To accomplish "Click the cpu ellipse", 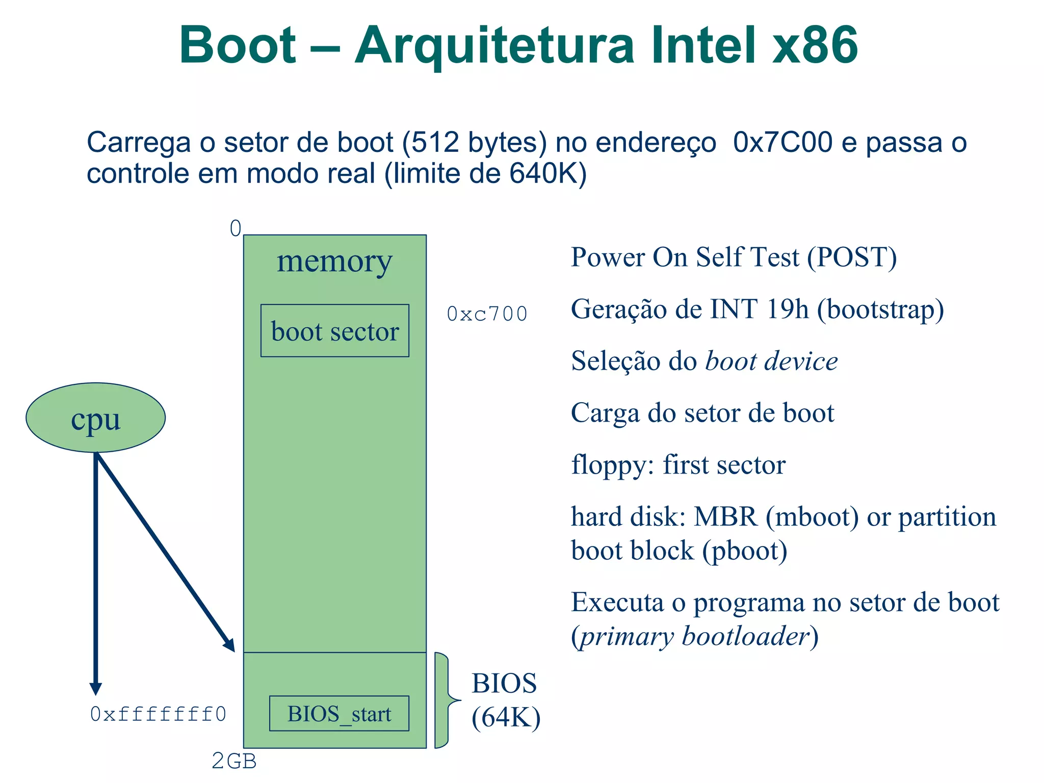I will click(95, 417).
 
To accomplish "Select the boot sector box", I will click(334, 331).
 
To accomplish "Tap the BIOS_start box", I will click(339, 713).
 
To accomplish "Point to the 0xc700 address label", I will click(487, 314).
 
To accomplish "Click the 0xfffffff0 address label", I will click(158, 714).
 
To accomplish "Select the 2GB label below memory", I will click(234, 761).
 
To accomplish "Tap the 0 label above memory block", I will click(236, 228).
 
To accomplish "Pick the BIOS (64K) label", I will click(505, 700).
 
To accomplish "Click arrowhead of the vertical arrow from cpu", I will click(95, 689).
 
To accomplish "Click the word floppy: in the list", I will click(612, 465).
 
